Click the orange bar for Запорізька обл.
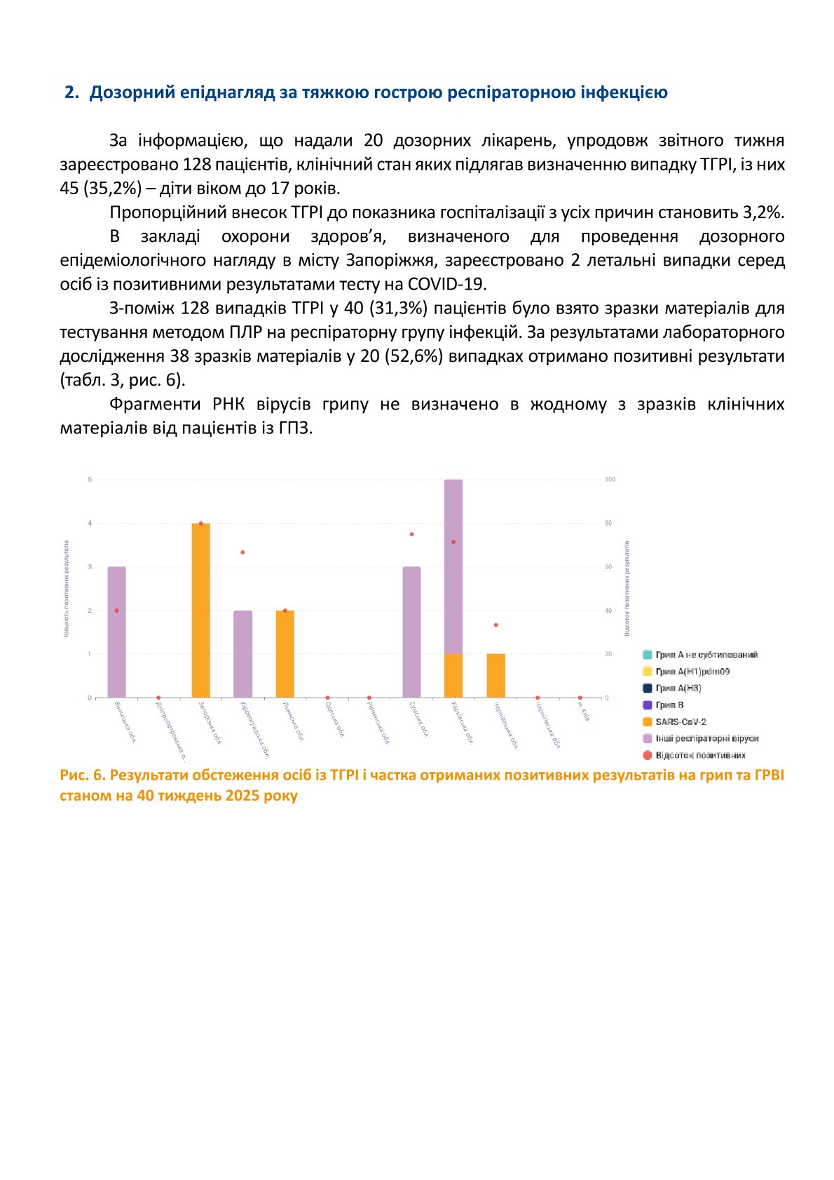click(x=200, y=610)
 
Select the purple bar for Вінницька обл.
click(x=116, y=632)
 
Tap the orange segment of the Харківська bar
click(x=453, y=675)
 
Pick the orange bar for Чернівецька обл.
click(x=495, y=675)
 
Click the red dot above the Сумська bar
click(x=411, y=534)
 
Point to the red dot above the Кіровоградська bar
click(x=242, y=552)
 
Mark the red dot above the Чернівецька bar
click(x=495, y=625)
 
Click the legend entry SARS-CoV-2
click(x=680, y=721)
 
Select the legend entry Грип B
click(x=669, y=705)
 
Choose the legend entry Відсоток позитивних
click(x=699, y=755)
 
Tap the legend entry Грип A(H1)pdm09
click(x=692, y=671)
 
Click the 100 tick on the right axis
click(x=610, y=480)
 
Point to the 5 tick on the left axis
click(x=90, y=480)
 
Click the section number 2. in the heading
click(x=71, y=93)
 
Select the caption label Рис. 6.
click(x=82, y=775)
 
